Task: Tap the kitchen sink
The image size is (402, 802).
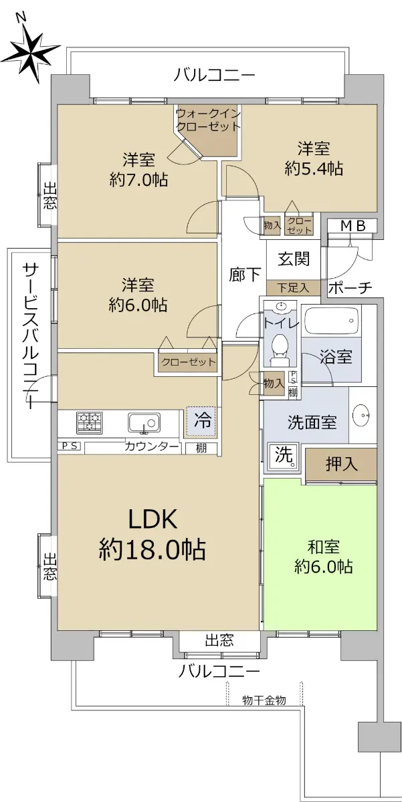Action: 144,422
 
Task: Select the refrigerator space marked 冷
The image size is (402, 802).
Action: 201,422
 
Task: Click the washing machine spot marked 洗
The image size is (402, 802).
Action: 283,456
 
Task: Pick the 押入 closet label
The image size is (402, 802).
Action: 341,464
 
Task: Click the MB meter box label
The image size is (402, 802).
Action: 353,226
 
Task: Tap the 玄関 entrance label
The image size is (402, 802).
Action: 294,259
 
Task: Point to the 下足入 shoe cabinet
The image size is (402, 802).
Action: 293,287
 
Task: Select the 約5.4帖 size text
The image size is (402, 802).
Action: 314,168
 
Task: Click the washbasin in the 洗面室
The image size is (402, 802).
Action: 362,415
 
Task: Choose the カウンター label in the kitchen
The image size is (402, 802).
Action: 152,446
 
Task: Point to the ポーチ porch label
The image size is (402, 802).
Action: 350,287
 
